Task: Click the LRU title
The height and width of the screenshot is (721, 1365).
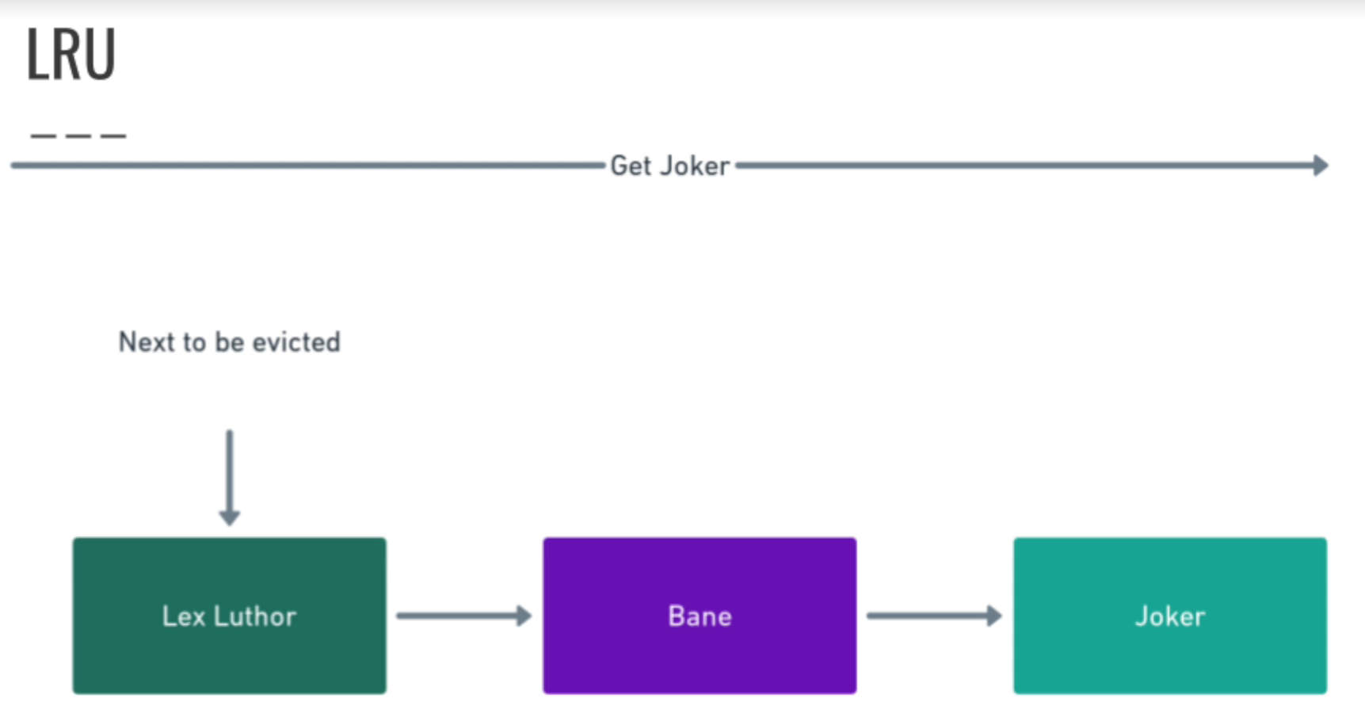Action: tap(71, 54)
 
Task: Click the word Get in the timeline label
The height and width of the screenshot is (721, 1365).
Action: tap(630, 166)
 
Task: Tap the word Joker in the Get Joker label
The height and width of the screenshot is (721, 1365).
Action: tap(695, 166)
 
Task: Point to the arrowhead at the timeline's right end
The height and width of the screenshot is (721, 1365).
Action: tap(1320, 166)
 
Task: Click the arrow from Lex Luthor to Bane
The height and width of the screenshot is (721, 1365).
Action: tap(463, 616)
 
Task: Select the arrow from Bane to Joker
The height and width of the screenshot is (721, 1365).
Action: tap(933, 616)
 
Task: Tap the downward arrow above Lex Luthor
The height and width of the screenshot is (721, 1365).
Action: tap(230, 475)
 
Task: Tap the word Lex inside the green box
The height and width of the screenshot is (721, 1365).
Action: tap(183, 616)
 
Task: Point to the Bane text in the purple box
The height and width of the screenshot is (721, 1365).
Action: tap(700, 616)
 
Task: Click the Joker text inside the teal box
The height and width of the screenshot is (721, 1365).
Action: tap(1170, 616)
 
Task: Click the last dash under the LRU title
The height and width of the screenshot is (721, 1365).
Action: tap(113, 136)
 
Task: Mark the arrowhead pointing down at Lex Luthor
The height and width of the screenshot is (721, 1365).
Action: tap(230, 517)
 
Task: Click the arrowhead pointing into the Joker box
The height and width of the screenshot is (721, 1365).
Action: tap(993, 616)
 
